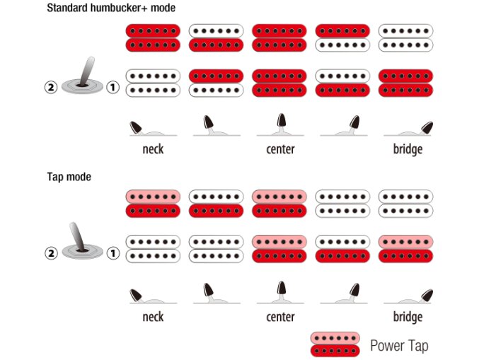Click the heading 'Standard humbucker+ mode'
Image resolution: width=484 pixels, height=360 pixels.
pyautogui.click(x=111, y=8)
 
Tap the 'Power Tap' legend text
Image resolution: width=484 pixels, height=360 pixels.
pyautogui.click(x=399, y=345)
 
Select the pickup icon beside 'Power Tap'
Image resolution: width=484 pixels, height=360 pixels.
pyautogui.click(x=335, y=344)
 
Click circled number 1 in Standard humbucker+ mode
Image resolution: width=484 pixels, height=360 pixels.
pyautogui.click(x=113, y=88)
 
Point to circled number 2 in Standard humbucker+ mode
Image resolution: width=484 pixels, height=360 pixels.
pyautogui.click(x=50, y=88)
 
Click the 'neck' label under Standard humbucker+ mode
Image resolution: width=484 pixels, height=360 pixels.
pyautogui.click(x=153, y=149)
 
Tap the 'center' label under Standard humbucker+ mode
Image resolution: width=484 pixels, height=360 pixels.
pyautogui.click(x=280, y=149)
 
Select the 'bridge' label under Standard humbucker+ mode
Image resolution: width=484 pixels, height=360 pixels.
pyautogui.click(x=408, y=149)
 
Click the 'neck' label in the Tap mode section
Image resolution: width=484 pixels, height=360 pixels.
pyautogui.click(x=153, y=316)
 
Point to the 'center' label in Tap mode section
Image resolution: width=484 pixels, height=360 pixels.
pyautogui.click(x=280, y=316)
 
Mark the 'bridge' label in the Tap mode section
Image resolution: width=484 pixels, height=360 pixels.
pyautogui.click(x=408, y=316)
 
